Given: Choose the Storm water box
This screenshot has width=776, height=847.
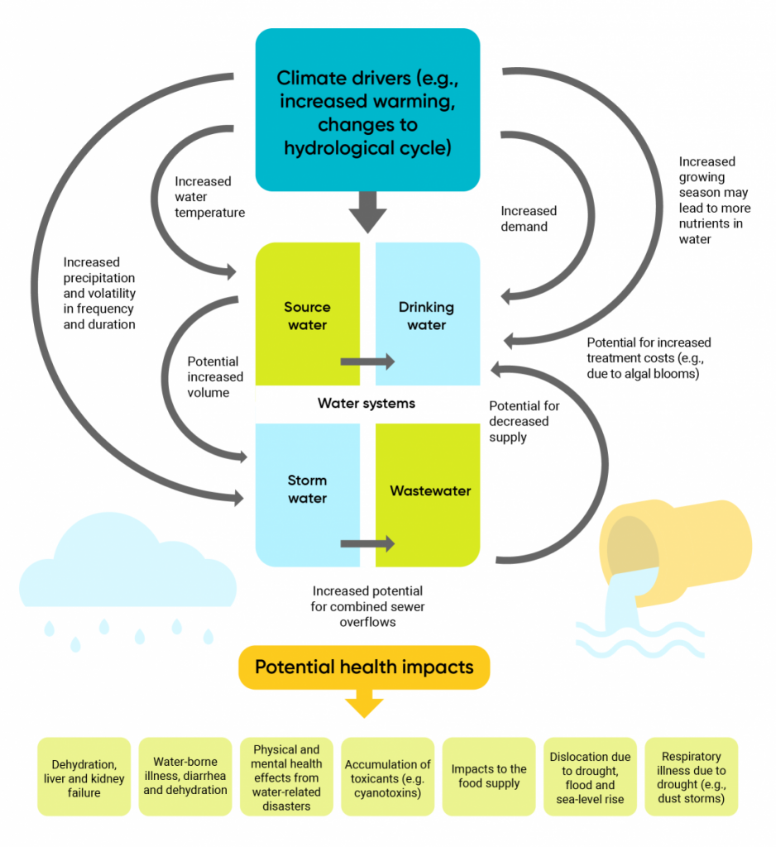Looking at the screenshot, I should (x=307, y=490).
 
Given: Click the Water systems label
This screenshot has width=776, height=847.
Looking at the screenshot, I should (x=366, y=404).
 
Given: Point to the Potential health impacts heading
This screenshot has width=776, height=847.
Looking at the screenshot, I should (x=364, y=667).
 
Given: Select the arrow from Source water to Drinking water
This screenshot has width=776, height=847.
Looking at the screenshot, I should (x=367, y=361).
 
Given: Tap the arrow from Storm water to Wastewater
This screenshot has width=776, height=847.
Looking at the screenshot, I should (x=367, y=543).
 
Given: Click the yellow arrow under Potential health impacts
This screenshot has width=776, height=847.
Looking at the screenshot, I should (x=364, y=705).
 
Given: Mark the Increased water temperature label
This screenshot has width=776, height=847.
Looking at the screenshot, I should (x=209, y=197).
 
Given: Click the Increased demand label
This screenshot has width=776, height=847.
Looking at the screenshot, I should (x=529, y=218).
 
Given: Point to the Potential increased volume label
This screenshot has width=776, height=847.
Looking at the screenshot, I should (x=215, y=377).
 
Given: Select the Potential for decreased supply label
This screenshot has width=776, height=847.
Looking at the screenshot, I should (x=524, y=422).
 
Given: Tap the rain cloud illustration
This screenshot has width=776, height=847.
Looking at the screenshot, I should (x=124, y=571).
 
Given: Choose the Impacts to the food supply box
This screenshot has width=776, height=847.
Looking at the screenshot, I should (x=489, y=776).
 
